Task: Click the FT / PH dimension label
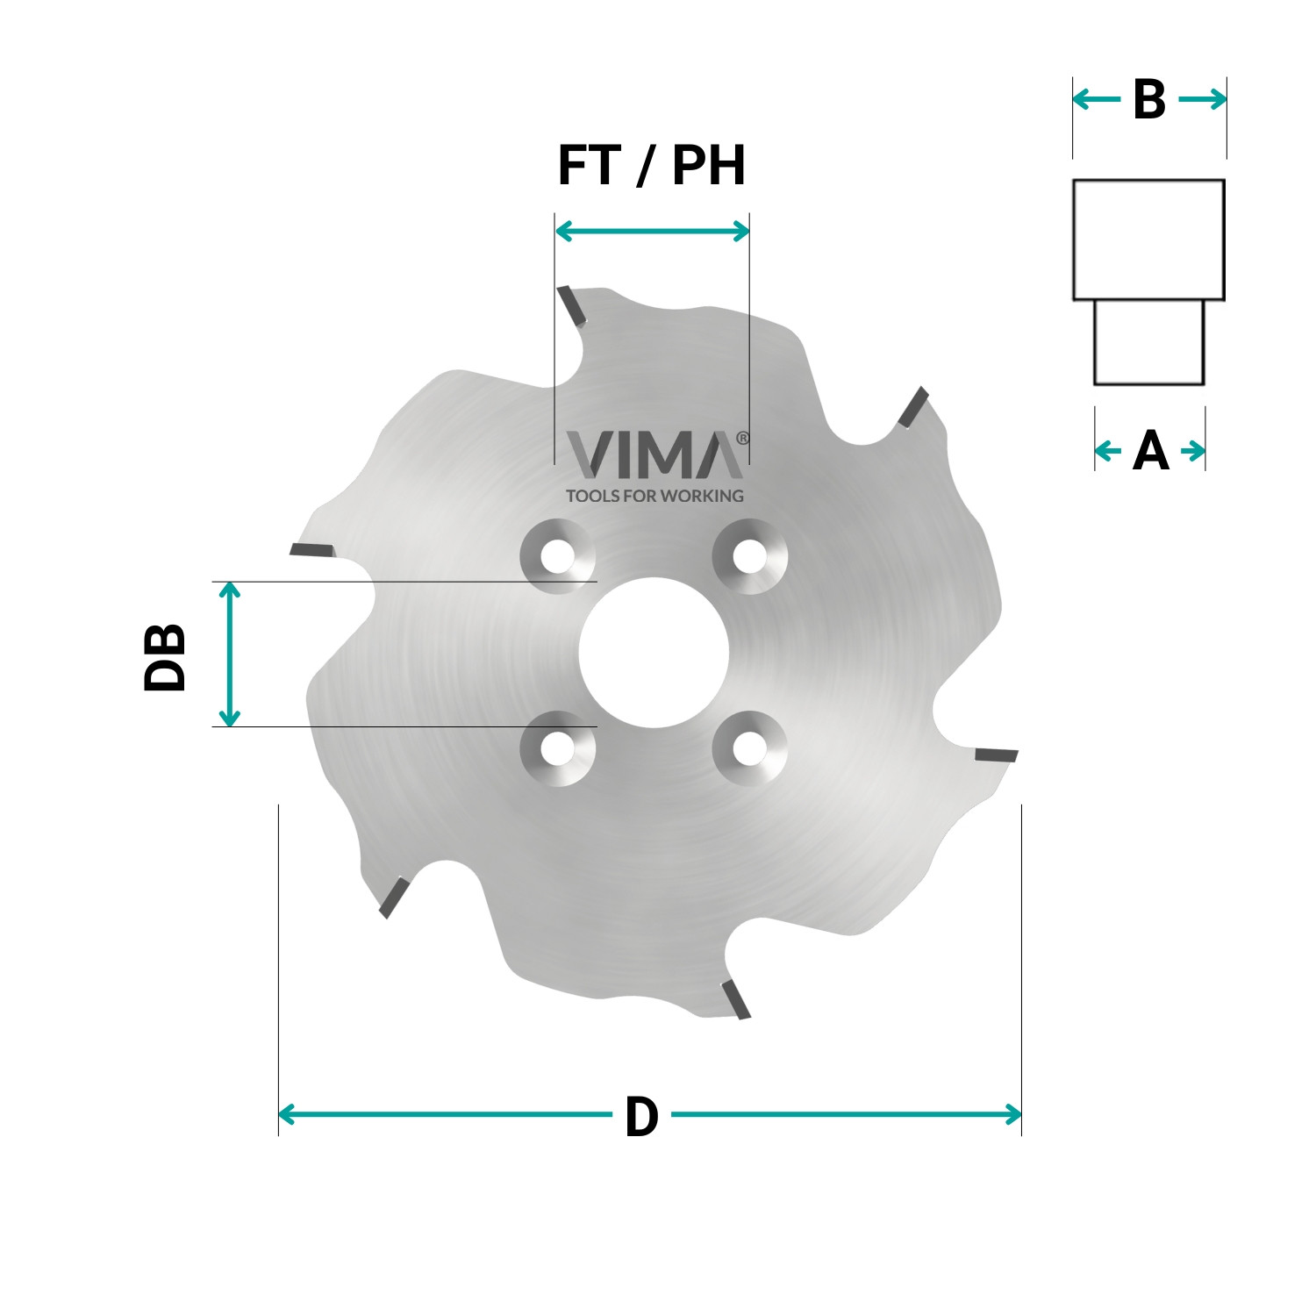point(651,166)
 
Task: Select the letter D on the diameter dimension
point(641,1117)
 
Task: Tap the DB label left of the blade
point(165,657)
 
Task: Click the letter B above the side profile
point(1148,100)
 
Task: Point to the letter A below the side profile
point(1150,452)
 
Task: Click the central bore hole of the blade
point(653,653)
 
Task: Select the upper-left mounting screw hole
point(557,556)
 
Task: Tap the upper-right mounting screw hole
point(748,556)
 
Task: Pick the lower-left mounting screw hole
point(557,748)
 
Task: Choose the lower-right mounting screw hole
point(748,748)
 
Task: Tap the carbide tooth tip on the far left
point(312,550)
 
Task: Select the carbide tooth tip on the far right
point(996,755)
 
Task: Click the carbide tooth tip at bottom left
point(392,898)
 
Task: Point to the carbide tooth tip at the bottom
point(735,999)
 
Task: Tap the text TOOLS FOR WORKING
point(654,496)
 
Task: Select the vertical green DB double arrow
point(229,654)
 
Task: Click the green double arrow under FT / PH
point(652,232)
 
